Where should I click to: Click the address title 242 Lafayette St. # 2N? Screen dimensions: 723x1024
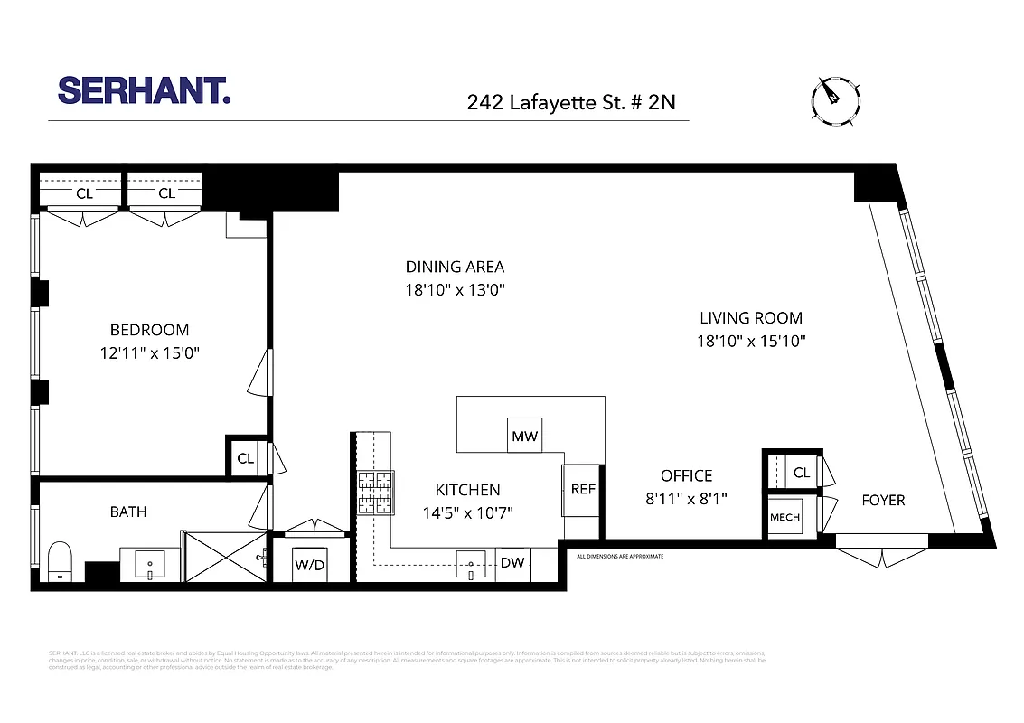[570, 102]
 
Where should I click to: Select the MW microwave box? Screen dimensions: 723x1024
[524, 437]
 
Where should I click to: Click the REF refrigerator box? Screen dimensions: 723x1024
[583, 489]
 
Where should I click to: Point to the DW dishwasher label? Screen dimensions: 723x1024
[512, 562]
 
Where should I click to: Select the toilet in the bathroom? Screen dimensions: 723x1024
[60, 560]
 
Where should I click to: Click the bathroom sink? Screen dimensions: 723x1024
[149, 566]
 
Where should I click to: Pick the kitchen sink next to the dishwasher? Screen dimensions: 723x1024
[471, 565]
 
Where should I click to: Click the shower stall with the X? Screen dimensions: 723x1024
[223, 559]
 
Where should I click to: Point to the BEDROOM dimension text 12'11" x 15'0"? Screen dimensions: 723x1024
[149, 353]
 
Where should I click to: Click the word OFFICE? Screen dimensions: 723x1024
[686, 476]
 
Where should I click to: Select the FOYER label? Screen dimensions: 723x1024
[882, 500]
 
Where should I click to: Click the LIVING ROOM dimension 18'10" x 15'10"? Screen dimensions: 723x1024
[750, 342]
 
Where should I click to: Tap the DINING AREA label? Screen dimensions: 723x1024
[455, 267]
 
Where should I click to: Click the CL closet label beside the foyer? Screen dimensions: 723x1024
[801, 473]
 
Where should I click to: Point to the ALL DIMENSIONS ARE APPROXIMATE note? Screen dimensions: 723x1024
[620, 556]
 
